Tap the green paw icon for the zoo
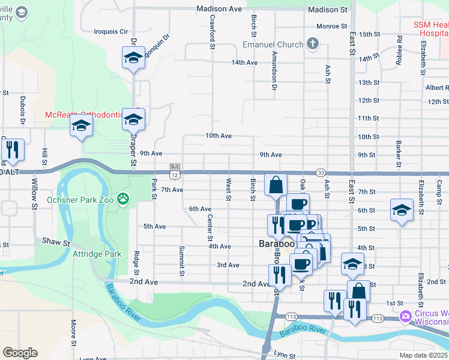(123, 198)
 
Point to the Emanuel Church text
(272, 44)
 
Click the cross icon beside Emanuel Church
(312, 44)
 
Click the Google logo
(20, 353)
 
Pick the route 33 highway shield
(320, 172)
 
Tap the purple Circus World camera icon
(406, 315)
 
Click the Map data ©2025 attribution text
(423, 355)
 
